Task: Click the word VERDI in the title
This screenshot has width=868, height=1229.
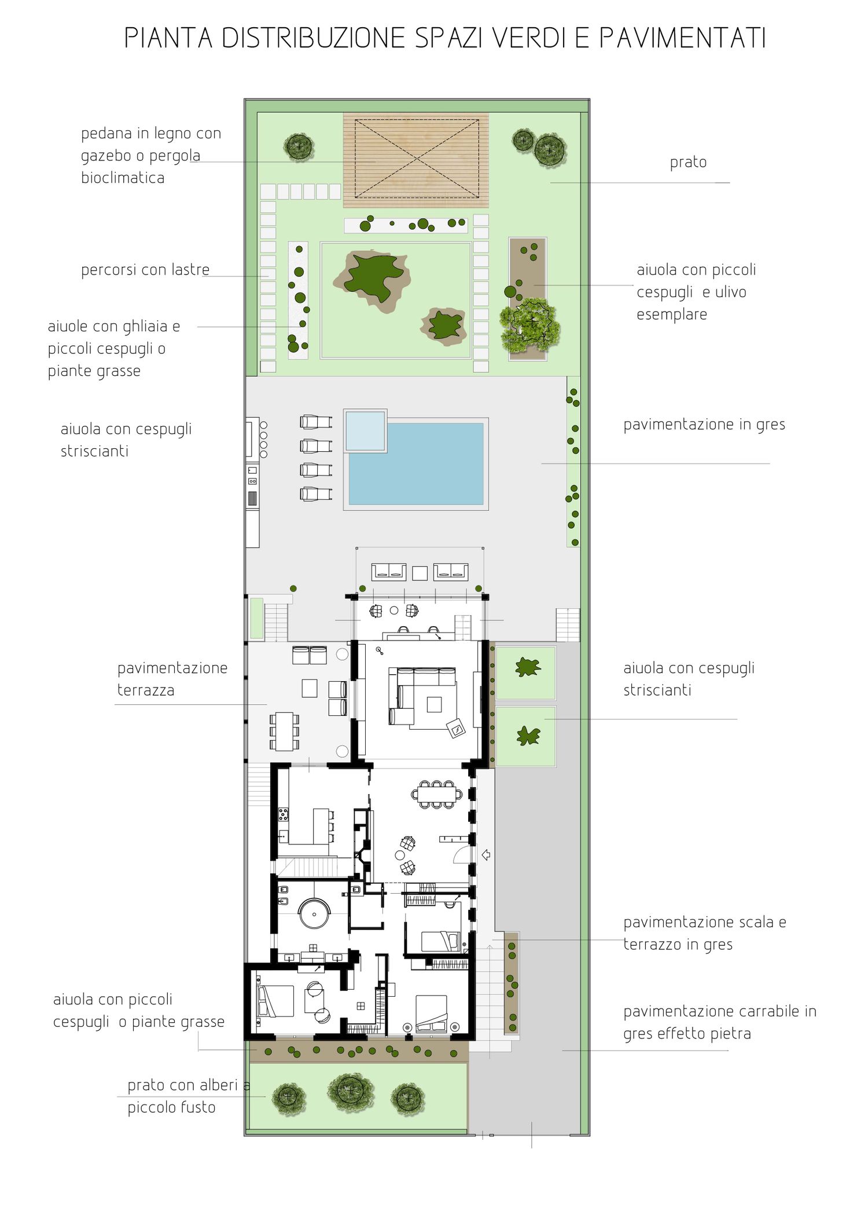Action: [x=529, y=38]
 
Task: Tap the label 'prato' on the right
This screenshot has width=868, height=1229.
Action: [x=688, y=163]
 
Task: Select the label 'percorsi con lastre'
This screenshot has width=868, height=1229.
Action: [x=145, y=270]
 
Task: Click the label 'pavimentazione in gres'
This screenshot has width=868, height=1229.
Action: [x=704, y=425]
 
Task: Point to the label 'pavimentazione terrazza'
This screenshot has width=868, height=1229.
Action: [x=172, y=679]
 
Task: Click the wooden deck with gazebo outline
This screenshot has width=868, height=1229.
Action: [x=416, y=160]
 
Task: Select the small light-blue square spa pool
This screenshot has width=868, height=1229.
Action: [x=365, y=431]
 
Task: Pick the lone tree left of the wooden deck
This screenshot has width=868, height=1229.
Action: [x=299, y=147]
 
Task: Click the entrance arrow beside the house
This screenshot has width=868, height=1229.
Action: [x=486, y=854]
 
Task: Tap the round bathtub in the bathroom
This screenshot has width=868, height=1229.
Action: [x=314, y=914]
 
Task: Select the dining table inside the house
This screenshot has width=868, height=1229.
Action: [x=437, y=794]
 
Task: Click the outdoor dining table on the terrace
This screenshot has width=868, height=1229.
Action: [x=284, y=731]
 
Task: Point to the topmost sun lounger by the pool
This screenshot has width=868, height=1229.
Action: [x=316, y=422]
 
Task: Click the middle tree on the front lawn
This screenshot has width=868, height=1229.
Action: [x=351, y=1092]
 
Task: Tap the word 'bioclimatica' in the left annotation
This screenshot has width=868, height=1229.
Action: [x=123, y=178]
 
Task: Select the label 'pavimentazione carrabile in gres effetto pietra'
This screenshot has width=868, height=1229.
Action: [x=720, y=1023]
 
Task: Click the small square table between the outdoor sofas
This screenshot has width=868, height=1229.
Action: [x=420, y=573]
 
